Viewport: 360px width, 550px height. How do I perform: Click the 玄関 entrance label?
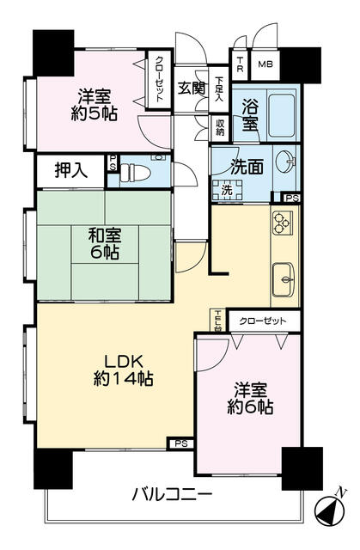191,87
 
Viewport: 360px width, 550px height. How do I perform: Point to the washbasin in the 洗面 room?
286,161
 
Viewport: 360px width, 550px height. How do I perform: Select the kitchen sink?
283,277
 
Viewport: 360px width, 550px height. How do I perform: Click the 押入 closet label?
70,169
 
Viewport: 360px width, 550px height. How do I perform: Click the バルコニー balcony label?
172,494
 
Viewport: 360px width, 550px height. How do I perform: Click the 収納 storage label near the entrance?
220,126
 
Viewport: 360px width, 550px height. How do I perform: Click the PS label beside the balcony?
180,443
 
